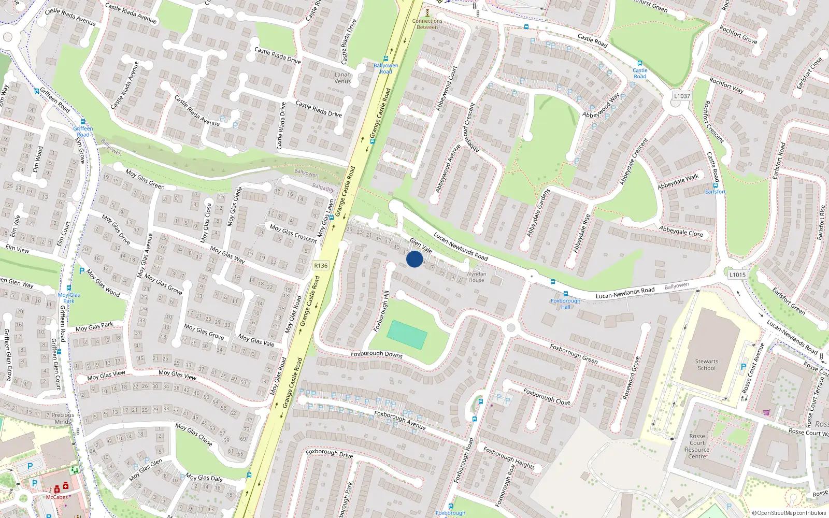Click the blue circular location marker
(x=414, y=259)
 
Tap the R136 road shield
(x=321, y=266)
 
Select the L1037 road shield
(x=682, y=96)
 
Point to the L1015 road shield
(x=737, y=275)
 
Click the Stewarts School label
(x=706, y=365)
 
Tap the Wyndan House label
(x=476, y=277)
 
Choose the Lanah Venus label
(x=342, y=78)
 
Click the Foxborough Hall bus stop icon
(x=565, y=294)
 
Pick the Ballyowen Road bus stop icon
(x=386, y=59)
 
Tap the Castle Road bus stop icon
(x=640, y=63)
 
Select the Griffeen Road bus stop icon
(x=83, y=122)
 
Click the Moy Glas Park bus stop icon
(x=69, y=288)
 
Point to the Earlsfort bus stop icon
(x=716, y=185)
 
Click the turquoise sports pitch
(x=407, y=334)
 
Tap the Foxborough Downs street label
(x=377, y=354)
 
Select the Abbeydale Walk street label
(x=678, y=181)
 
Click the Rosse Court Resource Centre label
(x=697, y=446)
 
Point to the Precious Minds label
(x=63, y=418)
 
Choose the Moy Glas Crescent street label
(x=293, y=233)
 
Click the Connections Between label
(x=427, y=24)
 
